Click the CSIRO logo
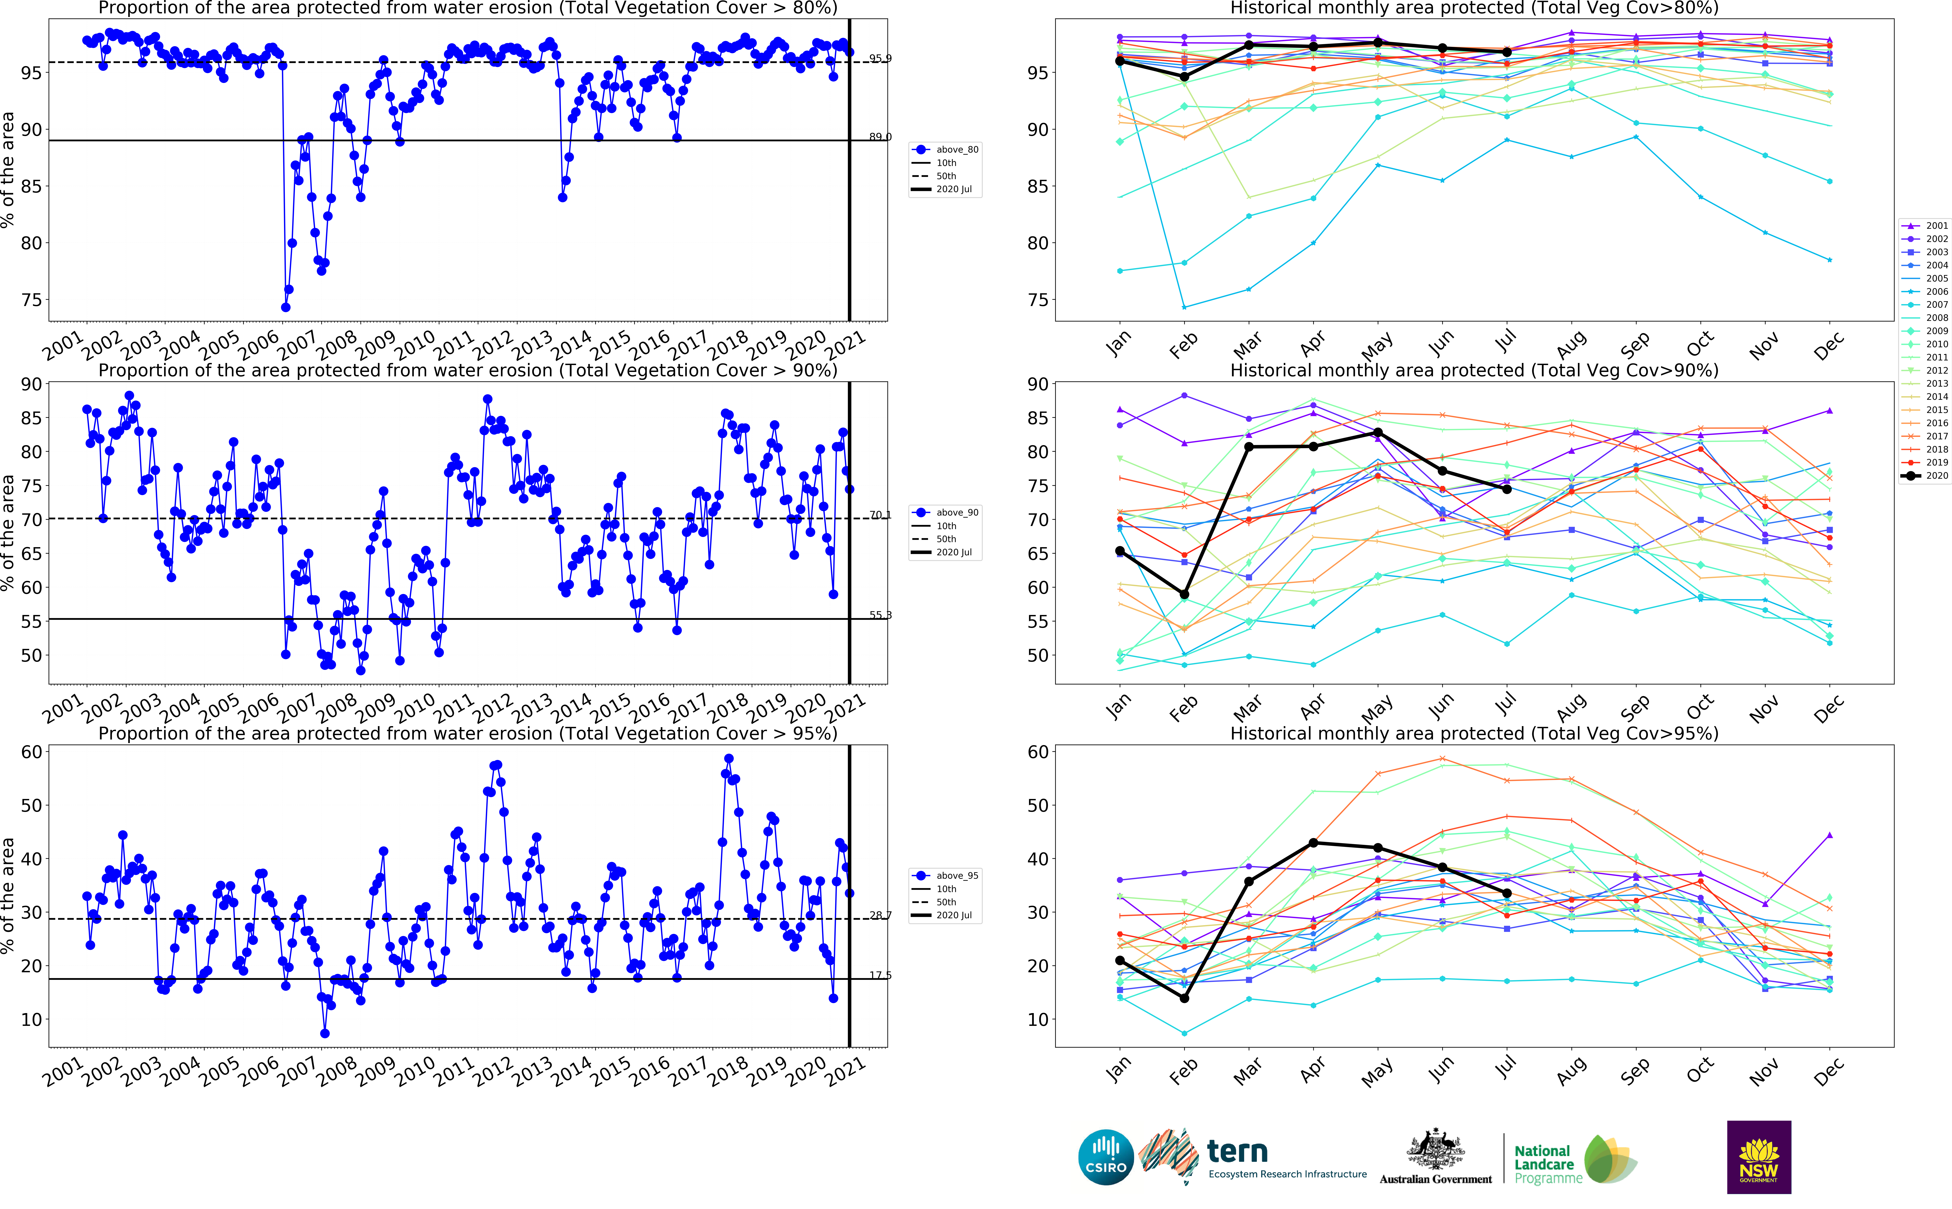pyautogui.click(x=1106, y=1157)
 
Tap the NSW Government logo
pyautogui.click(x=1758, y=1157)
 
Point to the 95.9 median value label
pyautogui.click(x=880, y=58)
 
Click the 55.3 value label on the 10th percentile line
pyautogui.click(x=880, y=615)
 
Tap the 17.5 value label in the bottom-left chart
pyautogui.click(x=880, y=976)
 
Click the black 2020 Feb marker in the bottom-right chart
pyautogui.click(x=1184, y=998)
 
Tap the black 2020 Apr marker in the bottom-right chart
pyautogui.click(x=1313, y=843)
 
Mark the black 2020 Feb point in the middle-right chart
pyautogui.click(x=1184, y=594)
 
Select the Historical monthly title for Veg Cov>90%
pyautogui.click(x=1474, y=370)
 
